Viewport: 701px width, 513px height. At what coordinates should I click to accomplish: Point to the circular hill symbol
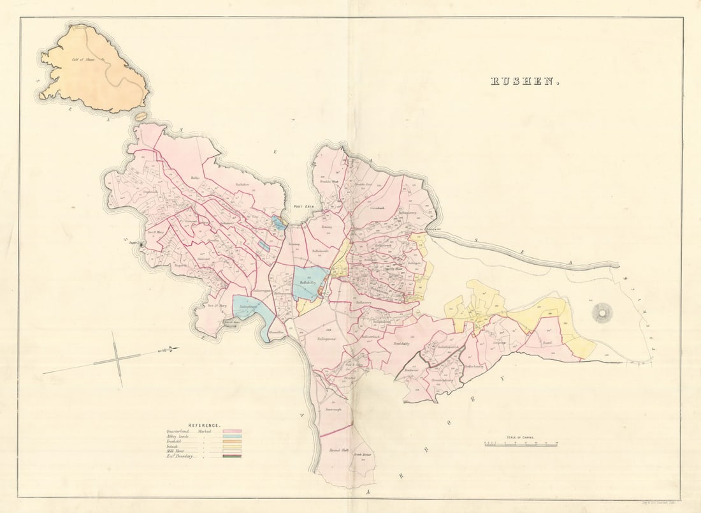tap(602, 313)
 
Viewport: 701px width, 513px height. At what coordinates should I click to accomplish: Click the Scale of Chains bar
tap(521, 443)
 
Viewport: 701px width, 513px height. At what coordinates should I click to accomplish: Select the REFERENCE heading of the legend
tap(204, 425)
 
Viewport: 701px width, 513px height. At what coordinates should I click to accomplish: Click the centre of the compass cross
tap(117, 359)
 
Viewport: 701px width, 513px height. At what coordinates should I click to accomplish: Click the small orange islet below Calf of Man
tap(141, 117)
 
